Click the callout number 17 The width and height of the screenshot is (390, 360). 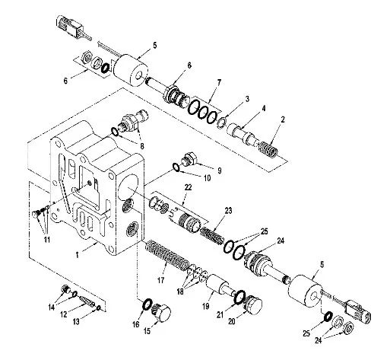click(160, 280)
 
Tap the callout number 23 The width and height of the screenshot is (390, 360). click(228, 211)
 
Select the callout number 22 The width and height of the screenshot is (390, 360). click(188, 187)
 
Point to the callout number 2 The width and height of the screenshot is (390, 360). click(283, 119)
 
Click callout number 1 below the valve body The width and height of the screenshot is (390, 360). click(78, 255)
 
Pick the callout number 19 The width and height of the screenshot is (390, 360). click(206, 306)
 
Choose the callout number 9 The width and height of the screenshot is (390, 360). click(219, 170)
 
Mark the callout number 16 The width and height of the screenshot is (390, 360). click(136, 324)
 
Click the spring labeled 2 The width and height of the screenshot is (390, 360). click(269, 149)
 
